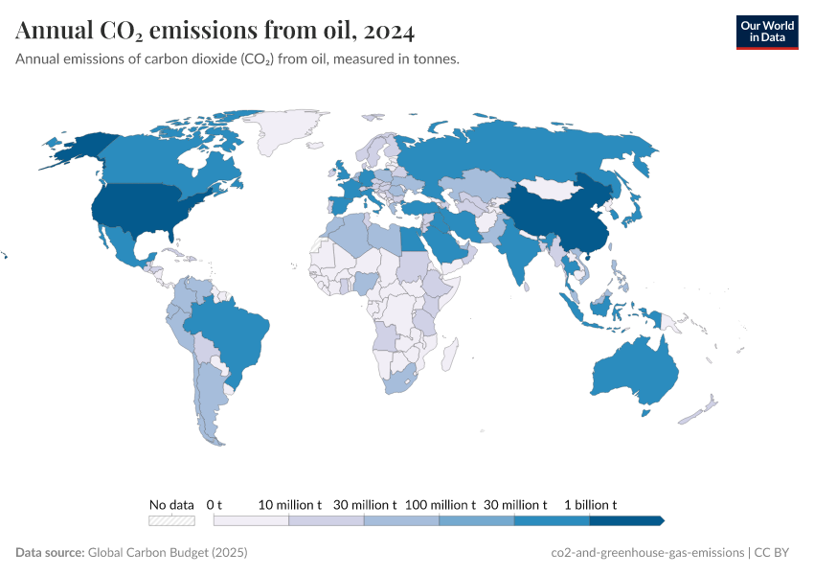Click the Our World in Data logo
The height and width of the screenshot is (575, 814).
coord(766,32)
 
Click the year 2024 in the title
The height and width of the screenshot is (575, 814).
coord(389,32)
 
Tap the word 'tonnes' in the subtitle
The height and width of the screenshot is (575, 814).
coord(436,59)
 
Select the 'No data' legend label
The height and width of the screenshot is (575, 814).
coord(171,504)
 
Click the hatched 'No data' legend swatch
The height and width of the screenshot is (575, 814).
coord(171,520)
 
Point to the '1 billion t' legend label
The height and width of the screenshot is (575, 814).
coord(589,504)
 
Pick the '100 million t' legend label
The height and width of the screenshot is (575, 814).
coord(440,504)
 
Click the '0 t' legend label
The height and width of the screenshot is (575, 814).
coord(215,504)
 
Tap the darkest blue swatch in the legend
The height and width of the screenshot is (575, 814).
coord(625,520)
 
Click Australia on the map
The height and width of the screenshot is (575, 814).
coord(636,374)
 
